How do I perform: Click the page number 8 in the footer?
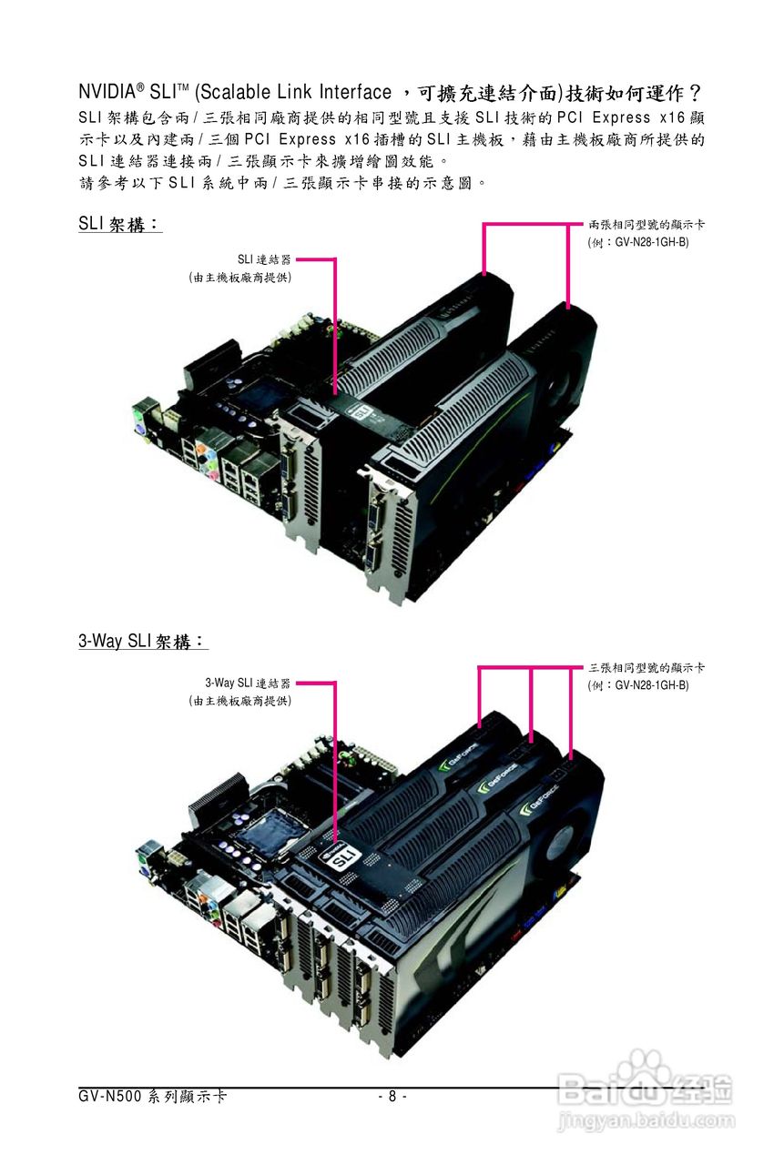[x=392, y=1097]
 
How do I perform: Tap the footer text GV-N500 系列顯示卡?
[x=152, y=1097]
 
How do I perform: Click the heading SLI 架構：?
[x=119, y=224]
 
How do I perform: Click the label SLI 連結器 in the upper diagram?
[x=264, y=260]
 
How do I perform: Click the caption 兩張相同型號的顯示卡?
[x=647, y=223]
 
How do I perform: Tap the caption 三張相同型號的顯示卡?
[x=647, y=668]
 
